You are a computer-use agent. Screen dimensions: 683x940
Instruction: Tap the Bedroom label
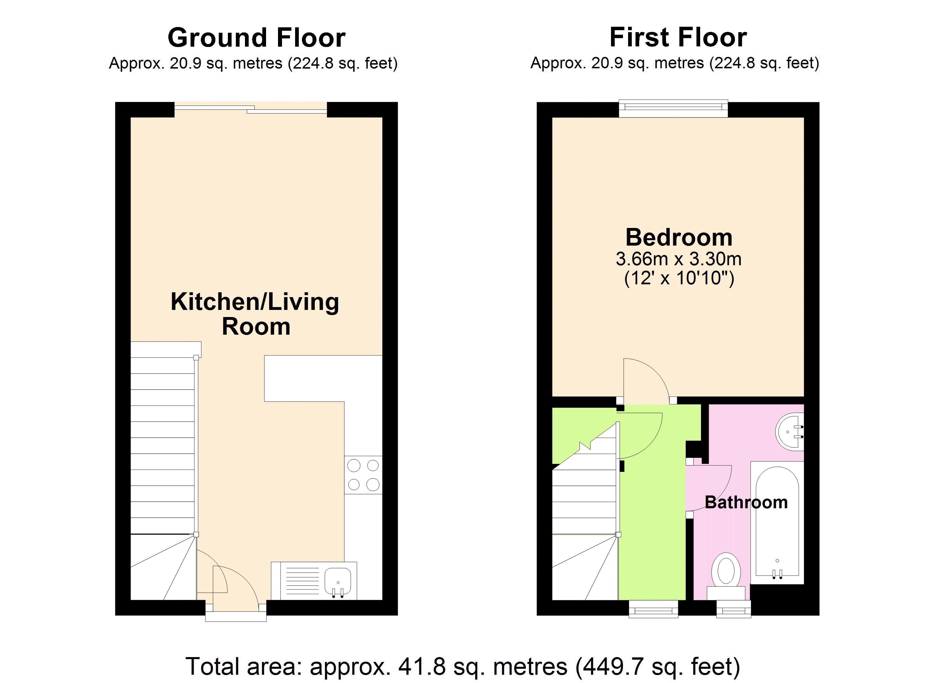[x=679, y=238]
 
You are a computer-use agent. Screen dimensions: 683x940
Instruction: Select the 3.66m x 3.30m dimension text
[x=679, y=259]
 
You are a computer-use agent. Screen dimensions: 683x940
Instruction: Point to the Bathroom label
[x=746, y=502]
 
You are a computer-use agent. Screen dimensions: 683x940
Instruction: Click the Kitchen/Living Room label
[x=255, y=314]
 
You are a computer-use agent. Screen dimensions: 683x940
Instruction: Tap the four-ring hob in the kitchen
[x=363, y=475]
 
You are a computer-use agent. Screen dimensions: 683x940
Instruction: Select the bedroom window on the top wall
[x=673, y=108]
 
